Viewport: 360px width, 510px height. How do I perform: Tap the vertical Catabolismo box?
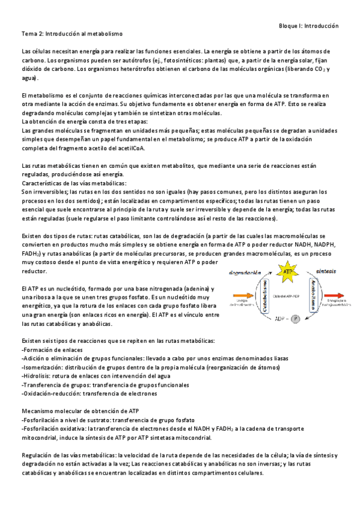[264, 293]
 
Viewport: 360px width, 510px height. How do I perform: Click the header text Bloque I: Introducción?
[309, 26]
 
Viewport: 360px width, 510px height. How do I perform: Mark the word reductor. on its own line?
[34, 271]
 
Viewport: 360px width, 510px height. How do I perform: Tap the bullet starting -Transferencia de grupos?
[105, 384]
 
